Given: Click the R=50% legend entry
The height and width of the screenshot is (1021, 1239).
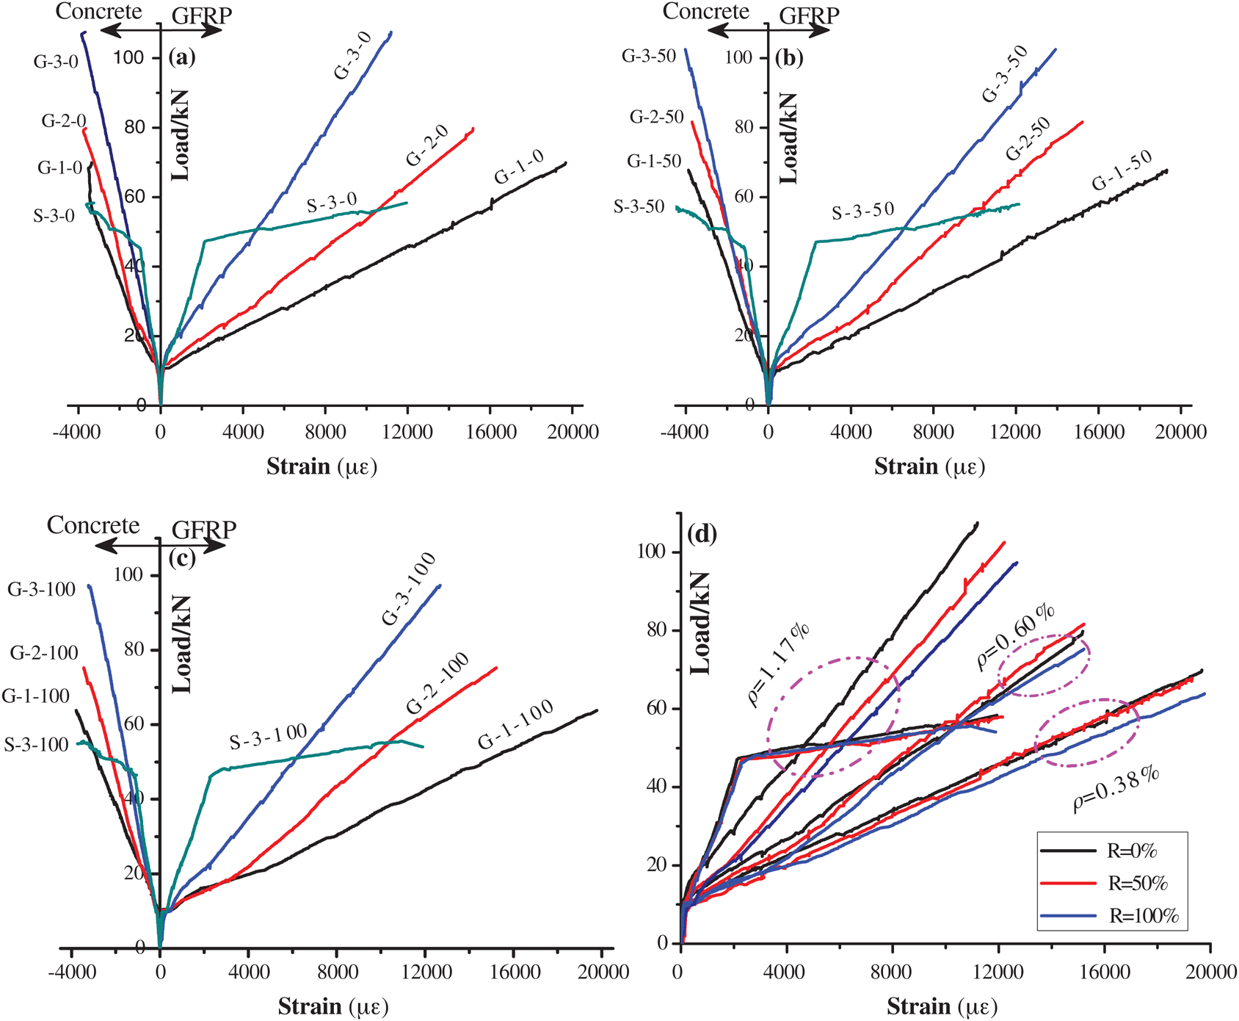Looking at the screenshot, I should tap(1137, 884).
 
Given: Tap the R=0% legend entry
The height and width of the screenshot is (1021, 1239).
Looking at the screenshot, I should tap(1131, 851).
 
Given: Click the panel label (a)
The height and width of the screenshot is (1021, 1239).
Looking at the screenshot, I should tap(181, 57).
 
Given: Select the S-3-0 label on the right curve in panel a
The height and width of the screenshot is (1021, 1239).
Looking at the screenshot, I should tap(332, 202).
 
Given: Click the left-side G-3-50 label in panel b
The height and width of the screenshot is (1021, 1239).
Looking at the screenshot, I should tap(648, 57).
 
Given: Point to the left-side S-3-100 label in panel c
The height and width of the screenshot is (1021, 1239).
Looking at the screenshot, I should tap(36, 745).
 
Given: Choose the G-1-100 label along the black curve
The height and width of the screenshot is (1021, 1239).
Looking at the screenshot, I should tap(516, 726).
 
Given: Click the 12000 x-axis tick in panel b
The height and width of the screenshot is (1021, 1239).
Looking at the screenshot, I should tap(1015, 432).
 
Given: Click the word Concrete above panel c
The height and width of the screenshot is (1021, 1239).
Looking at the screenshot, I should tap(92, 525).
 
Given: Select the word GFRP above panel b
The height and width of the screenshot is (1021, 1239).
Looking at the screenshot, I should tap(809, 15).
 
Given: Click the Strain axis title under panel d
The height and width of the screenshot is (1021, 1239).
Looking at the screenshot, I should tap(942, 1006).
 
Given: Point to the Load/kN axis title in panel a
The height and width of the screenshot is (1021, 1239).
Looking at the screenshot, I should tap(180, 136).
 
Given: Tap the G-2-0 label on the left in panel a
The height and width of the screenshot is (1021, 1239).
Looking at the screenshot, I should tap(64, 121).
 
